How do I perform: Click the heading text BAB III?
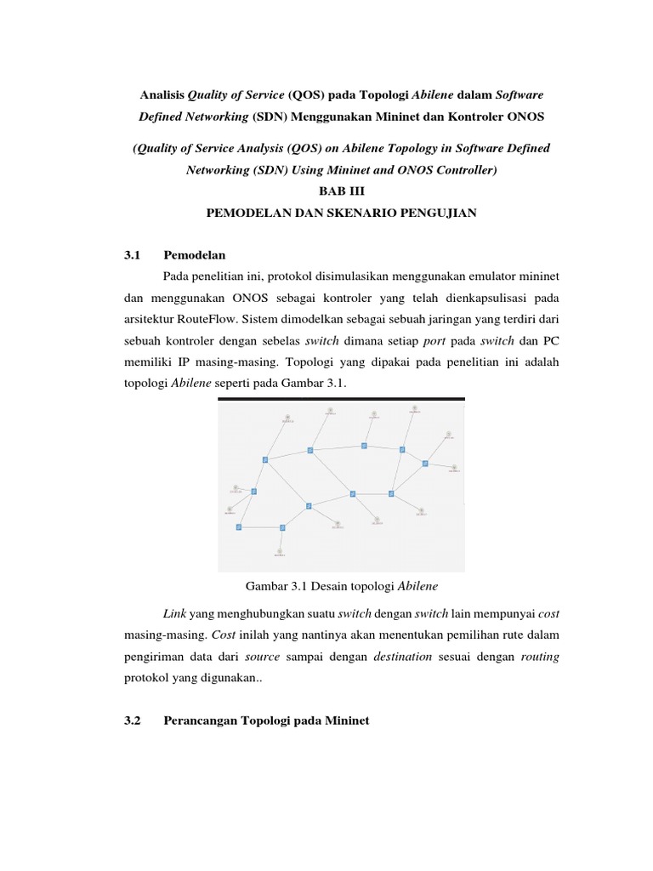[x=340, y=191]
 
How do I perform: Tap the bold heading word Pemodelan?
[x=195, y=254]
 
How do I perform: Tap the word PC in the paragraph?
[x=552, y=340]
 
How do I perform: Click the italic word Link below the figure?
[x=173, y=613]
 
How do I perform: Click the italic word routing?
[x=540, y=657]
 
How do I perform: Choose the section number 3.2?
[x=131, y=721]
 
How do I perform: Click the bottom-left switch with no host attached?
[x=239, y=527]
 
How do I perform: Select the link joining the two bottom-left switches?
[x=260, y=527]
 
